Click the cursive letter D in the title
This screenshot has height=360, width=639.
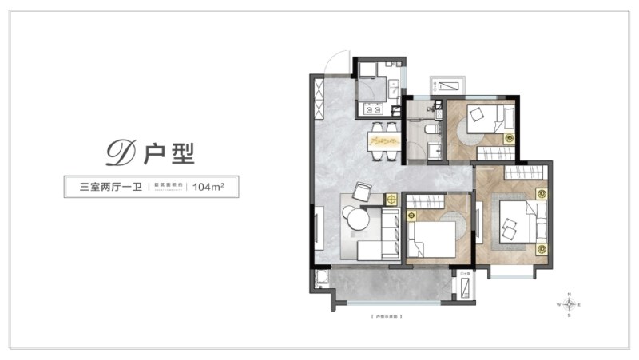tap(122, 152)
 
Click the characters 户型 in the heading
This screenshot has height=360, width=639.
tap(170, 152)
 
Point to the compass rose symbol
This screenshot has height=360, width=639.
tap(569, 304)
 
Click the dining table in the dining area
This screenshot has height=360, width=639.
tap(384, 140)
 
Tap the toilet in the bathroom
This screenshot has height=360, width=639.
tap(431, 128)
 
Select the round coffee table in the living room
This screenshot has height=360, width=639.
tap(356, 218)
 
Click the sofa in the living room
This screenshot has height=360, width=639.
tap(387, 232)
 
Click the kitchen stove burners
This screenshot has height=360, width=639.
tap(373, 109)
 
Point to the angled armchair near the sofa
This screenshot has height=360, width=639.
tap(363, 192)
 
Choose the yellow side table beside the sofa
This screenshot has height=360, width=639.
tap(391, 200)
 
